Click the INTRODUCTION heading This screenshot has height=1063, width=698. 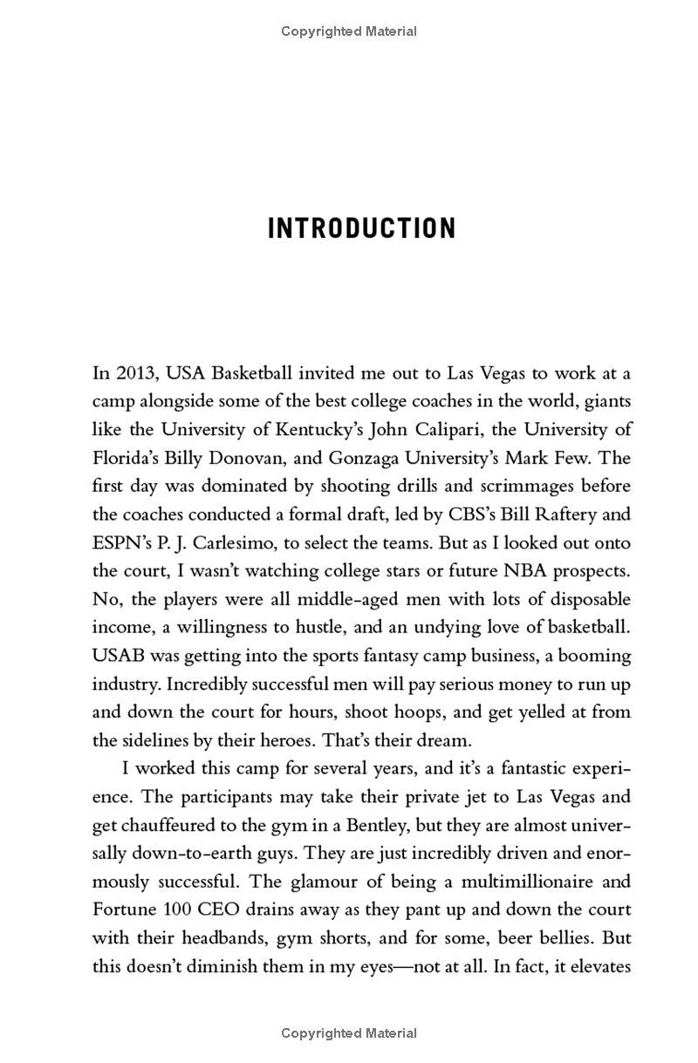[361, 229]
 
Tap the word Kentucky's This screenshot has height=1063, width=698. [344, 429]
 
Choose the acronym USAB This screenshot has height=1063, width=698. [118, 656]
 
